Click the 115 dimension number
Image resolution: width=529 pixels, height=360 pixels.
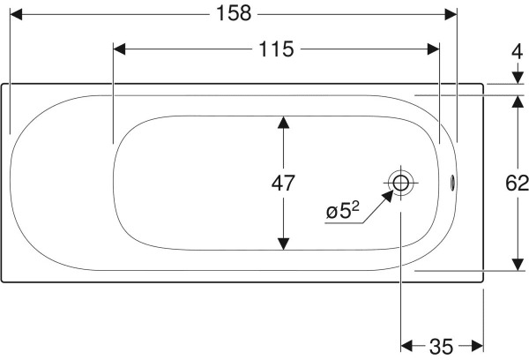point(276,49)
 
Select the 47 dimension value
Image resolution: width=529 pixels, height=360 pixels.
point(283,184)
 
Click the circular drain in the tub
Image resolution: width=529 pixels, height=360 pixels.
point(401,184)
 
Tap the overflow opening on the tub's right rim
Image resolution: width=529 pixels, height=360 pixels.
point(453,184)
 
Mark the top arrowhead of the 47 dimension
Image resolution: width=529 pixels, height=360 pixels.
point(283,124)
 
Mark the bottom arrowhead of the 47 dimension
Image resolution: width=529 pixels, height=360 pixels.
point(283,242)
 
